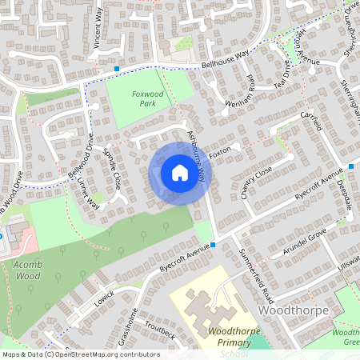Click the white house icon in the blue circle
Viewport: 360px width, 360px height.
point(180,172)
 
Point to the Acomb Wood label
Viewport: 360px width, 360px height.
point(26,270)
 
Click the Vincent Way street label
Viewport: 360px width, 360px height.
point(98,30)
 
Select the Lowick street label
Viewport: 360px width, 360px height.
point(103,298)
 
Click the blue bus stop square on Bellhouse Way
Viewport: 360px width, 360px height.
point(117,69)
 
